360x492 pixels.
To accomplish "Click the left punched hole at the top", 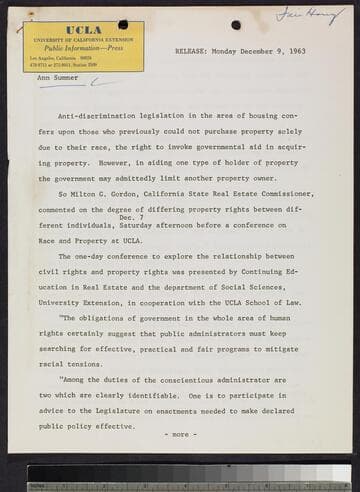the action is tap(122, 25).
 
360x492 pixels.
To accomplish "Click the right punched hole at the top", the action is tap(236, 25).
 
